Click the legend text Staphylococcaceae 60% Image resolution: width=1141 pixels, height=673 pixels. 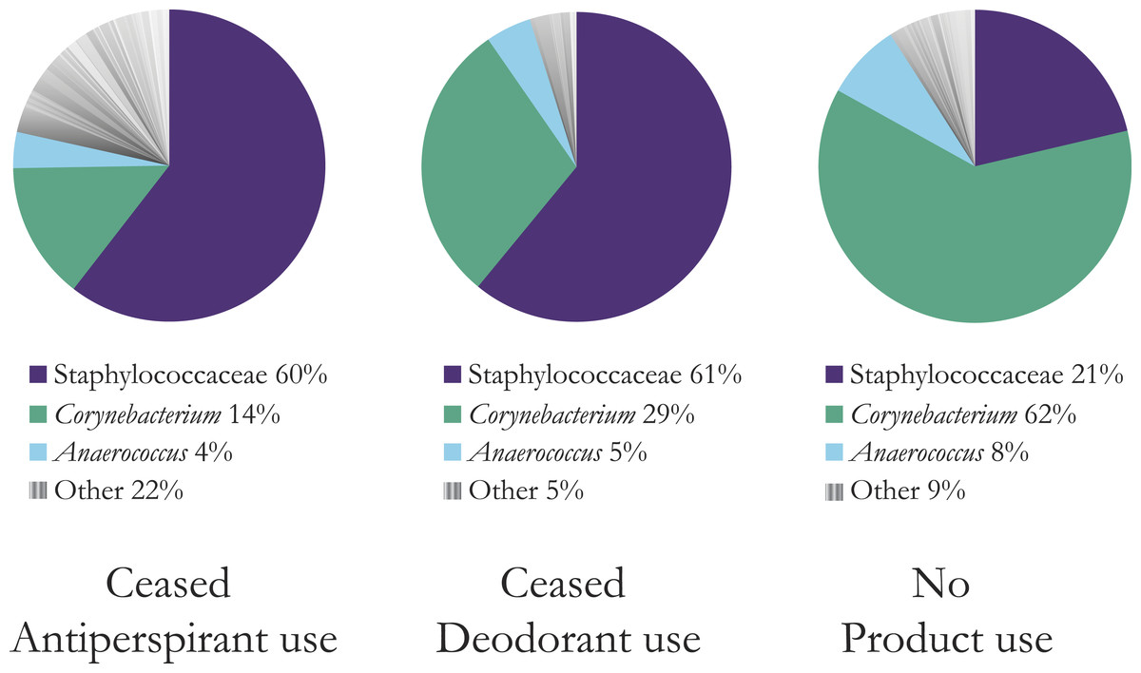coord(190,375)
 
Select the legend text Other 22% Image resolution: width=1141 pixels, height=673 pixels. coord(119,491)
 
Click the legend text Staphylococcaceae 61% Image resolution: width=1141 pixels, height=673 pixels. coord(604,375)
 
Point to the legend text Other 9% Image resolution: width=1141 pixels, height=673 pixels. coord(908,491)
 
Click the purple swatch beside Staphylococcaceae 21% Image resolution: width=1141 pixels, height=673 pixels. coord(834,375)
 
